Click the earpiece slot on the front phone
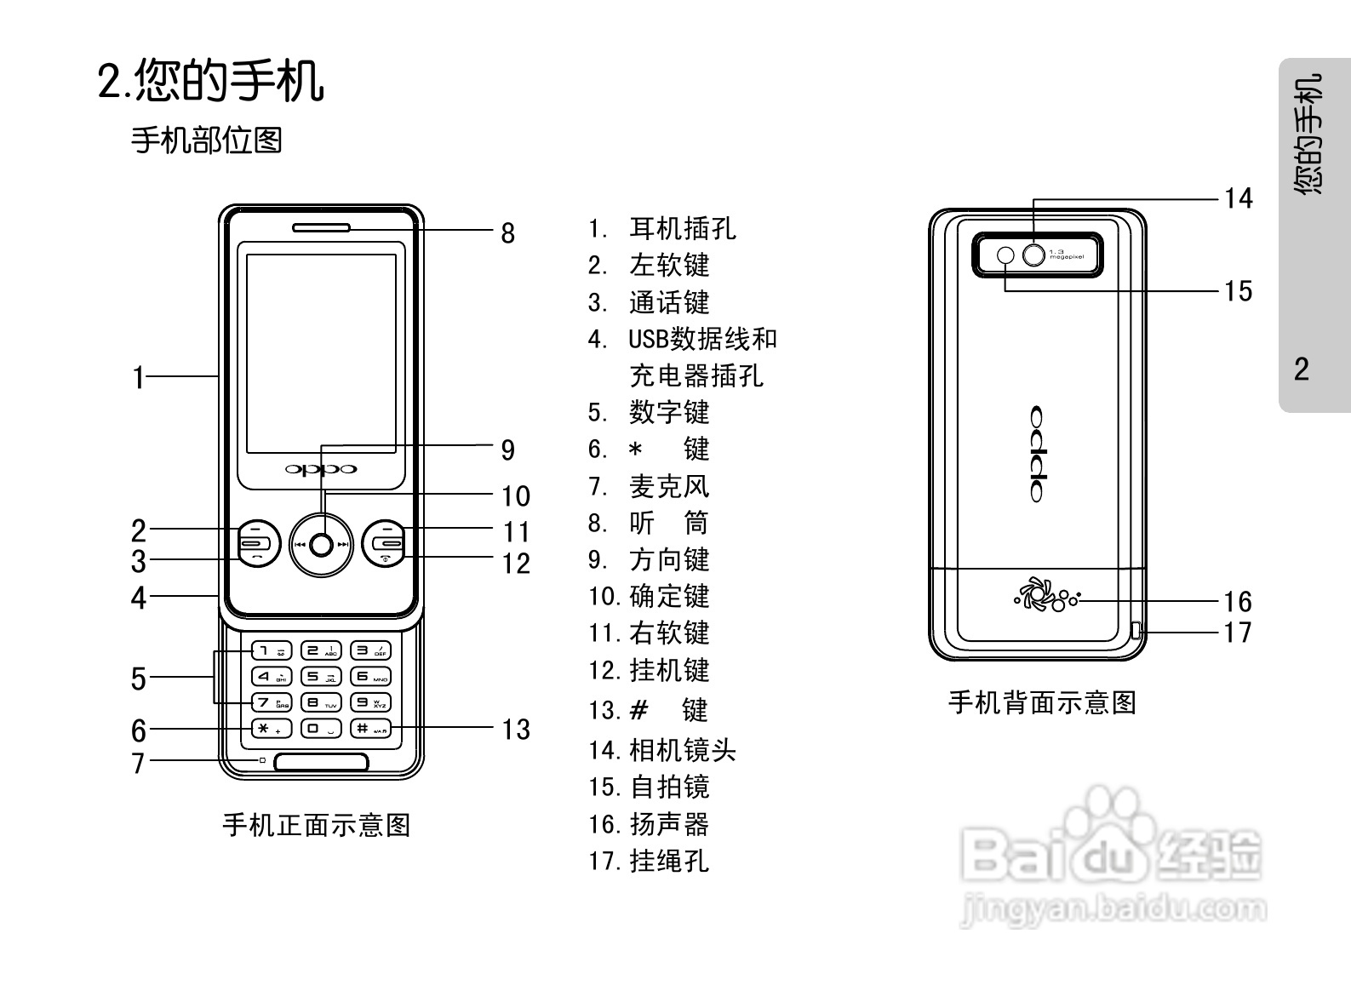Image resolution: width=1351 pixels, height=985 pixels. (321, 227)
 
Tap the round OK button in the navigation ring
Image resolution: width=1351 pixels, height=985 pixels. (321, 545)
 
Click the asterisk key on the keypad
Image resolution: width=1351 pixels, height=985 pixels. (271, 729)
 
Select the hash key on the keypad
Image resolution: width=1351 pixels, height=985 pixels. (370, 729)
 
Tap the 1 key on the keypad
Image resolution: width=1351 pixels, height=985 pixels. (271, 651)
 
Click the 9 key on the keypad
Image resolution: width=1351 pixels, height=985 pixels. (370, 702)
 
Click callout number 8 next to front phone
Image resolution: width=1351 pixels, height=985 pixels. (507, 232)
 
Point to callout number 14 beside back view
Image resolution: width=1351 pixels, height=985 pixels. (1238, 198)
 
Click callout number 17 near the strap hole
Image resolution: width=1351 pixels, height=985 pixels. (1238, 633)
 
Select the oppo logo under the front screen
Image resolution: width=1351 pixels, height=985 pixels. (321, 469)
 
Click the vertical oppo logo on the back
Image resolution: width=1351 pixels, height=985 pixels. (1036, 454)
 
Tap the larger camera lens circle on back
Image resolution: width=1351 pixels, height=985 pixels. (1033, 255)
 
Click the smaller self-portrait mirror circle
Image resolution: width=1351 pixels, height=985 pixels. (1005, 255)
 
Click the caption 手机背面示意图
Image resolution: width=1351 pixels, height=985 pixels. (1042, 703)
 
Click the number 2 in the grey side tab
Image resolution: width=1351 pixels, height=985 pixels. (1301, 369)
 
